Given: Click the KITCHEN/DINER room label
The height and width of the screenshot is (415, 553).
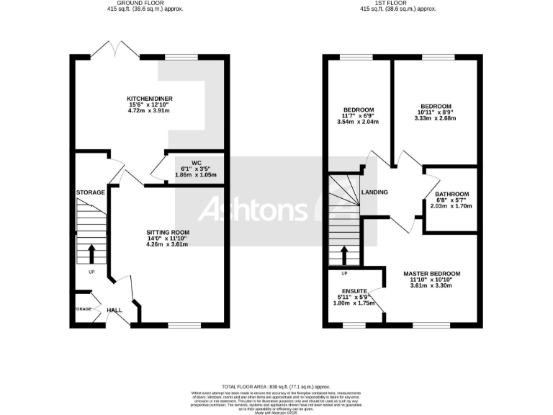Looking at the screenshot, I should [150, 99].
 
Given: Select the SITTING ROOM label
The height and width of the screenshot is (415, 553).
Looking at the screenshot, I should [167, 232].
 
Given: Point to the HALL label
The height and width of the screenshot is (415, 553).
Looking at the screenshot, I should [114, 310].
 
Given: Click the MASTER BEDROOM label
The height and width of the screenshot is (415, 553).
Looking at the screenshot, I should [431, 274].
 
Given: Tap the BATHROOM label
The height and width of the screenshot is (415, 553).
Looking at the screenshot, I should [451, 194].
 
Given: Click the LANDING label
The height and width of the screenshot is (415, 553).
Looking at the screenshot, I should [375, 192].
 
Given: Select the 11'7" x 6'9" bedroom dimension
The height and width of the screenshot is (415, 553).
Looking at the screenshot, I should [358, 116].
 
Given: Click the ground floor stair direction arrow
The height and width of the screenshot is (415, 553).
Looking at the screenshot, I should [91, 254].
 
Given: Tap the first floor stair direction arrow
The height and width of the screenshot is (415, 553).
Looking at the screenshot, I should [343, 254].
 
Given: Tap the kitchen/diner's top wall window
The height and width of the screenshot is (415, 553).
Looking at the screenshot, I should [181, 57].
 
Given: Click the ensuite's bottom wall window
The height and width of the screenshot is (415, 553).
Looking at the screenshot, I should [354, 326].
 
